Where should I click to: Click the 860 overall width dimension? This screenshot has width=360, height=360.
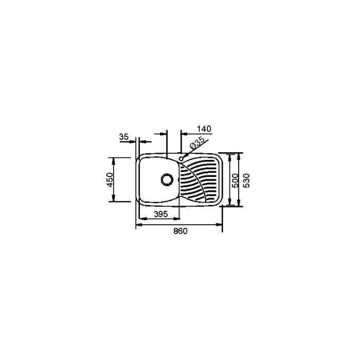tap(180, 231)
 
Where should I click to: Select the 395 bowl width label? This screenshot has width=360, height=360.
tap(160, 214)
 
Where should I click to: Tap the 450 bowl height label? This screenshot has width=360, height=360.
tap(110, 179)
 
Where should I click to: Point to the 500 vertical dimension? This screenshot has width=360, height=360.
tap(235, 181)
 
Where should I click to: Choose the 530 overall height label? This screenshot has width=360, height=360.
tap(246, 181)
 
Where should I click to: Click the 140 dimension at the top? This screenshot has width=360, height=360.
tap(204, 129)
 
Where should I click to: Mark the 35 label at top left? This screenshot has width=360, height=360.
tap(124, 137)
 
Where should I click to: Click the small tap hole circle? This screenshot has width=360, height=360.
tap(181, 158)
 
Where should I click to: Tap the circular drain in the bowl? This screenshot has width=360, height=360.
tap(167, 179)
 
